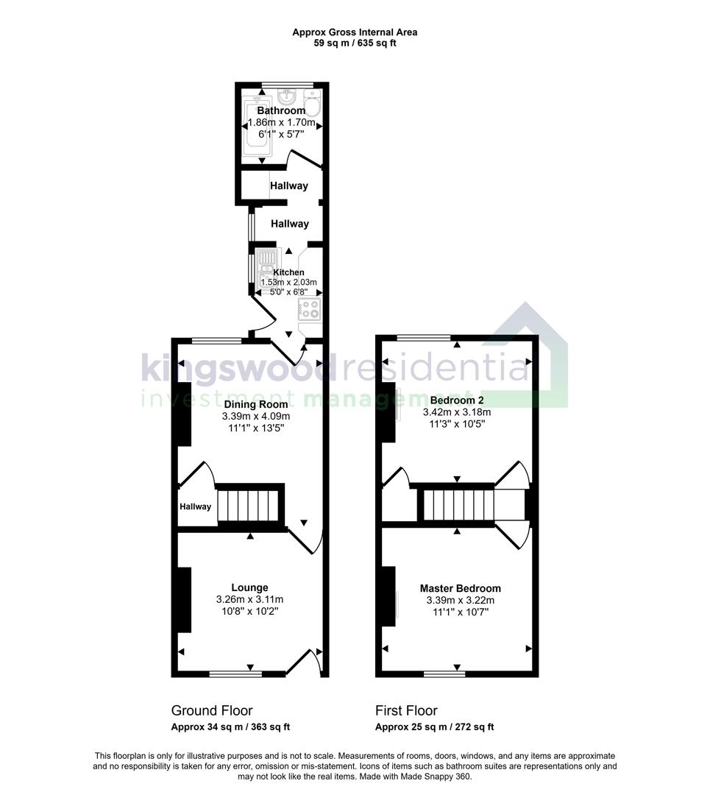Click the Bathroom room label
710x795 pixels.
pyautogui.click(x=281, y=110)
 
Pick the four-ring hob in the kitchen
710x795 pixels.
pyautogui.click(x=310, y=309)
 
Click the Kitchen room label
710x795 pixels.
pyautogui.click(x=288, y=272)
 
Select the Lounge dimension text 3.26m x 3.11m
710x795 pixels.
pyautogui.click(x=249, y=599)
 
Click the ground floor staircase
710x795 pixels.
pyautogui.click(x=250, y=506)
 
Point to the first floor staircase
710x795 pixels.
pyautogui.click(x=456, y=506)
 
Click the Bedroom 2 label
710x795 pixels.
pyautogui.click(x=456, y=400)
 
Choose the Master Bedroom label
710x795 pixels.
pyautogui.click(x=460, y=588)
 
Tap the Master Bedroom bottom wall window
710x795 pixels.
pyautogui.click(x=444, y=673)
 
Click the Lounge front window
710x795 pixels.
pyautogui.click(x=235, y=673)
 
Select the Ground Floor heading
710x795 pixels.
pyautogui.click(x=212, y=710)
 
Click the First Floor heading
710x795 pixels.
pyautogui.click(x=406, y=710)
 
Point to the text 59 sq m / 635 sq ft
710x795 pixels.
pyautogui.click(x=355, y=43)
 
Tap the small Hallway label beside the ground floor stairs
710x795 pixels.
pyautogui.click(x=196, y=506)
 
